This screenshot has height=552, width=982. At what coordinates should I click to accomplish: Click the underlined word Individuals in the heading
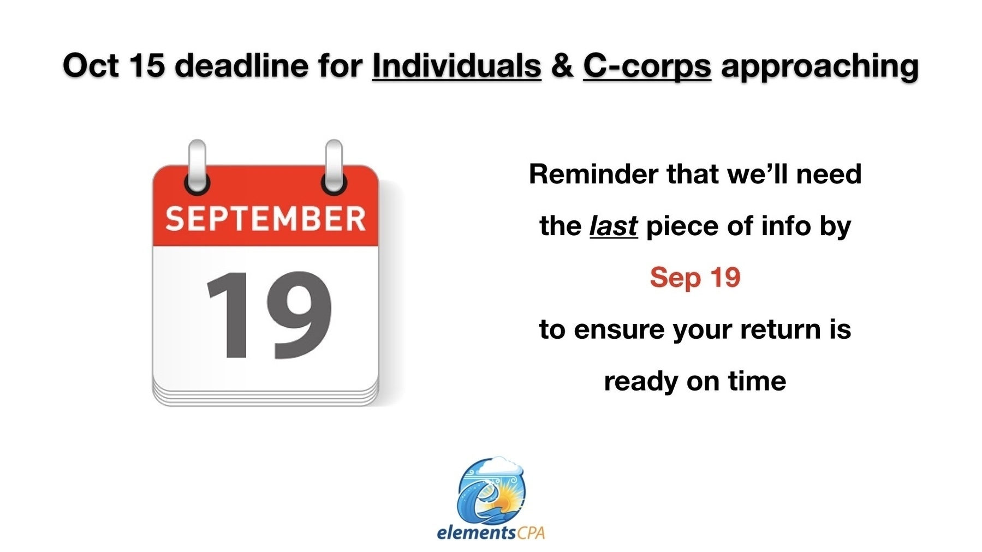[456, 65]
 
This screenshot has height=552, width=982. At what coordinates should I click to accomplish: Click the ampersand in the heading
[562, 65]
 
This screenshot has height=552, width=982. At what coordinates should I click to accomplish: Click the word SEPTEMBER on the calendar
[265, 219]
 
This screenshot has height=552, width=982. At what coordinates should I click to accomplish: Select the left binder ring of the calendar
[197, 167]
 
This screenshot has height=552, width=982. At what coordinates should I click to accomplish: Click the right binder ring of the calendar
[334, 167]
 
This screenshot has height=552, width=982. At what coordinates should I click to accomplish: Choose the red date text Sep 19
[695, 278]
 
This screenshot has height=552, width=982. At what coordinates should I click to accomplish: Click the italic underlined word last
[613, 226]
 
